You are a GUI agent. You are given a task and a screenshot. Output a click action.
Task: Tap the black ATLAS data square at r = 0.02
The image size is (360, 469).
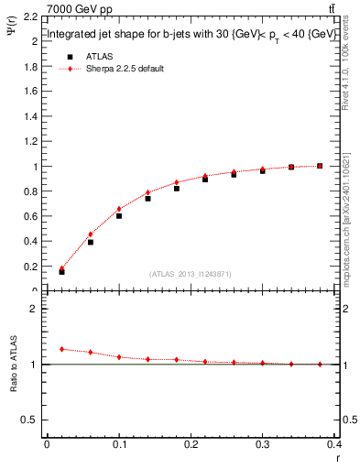tap(61, 272)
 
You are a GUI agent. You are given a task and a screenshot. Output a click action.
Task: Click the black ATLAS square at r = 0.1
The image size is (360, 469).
tap(119, 216)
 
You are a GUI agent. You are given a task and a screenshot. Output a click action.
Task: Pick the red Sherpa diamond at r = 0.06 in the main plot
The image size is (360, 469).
tap(90, 234)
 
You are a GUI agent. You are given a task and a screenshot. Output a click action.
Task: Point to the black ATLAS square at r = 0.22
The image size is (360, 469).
tap(205, 180)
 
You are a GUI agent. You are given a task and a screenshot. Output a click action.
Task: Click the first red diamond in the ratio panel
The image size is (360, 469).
tap(61, 349)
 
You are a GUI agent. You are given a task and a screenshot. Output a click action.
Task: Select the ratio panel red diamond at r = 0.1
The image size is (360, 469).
tap(119, 356)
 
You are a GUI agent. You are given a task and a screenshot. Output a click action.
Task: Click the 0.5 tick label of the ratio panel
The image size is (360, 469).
tap(31, 420)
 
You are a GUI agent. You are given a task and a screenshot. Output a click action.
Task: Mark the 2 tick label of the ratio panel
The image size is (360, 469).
tap(35, 310)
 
